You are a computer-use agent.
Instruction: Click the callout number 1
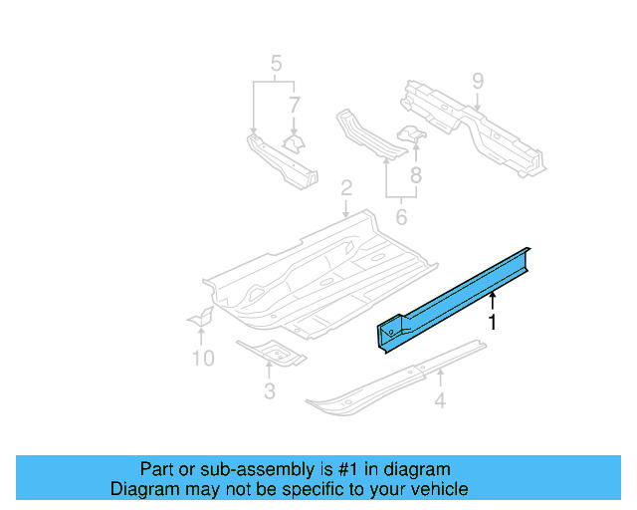coord(491,322)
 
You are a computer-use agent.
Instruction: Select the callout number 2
coord(346,187)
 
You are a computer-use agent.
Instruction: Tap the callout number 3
coord(269,391)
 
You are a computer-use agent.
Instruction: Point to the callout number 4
coord(439,402)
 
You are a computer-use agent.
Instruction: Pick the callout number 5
coord(276,67)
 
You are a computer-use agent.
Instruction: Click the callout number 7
coord(294,104)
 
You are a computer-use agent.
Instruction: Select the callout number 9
coord(477,80)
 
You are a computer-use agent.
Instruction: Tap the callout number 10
coord(202,358)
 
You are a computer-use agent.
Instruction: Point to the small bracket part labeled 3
coord(271,352)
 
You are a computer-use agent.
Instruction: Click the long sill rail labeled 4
coord(398,379)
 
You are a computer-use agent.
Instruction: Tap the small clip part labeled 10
coord(203,318)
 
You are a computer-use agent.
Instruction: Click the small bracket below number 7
coord(294,141)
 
